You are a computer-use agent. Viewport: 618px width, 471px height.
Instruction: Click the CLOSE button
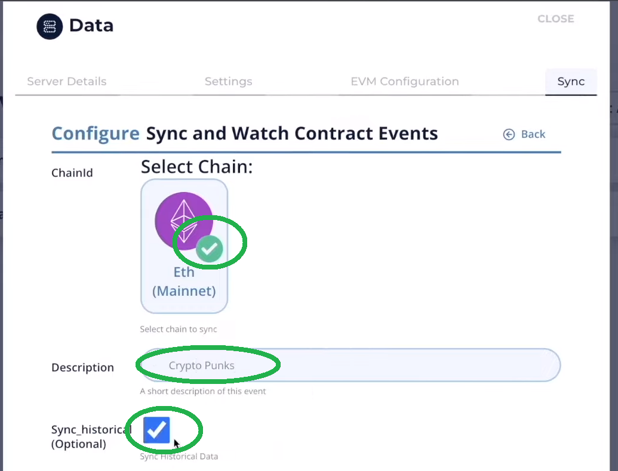coord(555,19)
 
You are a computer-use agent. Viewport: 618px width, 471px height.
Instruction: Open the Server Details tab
coord(67,82)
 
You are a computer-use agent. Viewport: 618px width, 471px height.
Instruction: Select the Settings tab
coord(228,82)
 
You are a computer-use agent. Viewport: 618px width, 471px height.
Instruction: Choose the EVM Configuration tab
coord(405,82)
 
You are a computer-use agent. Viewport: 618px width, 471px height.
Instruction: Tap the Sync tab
coord(571,82)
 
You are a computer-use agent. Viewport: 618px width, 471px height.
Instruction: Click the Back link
coord(533,134)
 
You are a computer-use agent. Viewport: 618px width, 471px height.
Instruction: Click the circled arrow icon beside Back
coord(509,134)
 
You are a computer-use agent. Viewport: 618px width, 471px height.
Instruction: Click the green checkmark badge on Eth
coord(209,249)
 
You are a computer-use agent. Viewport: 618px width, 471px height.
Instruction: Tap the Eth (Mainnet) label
coord(184,282)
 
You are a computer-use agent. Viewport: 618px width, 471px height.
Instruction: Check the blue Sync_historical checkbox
coord(157,430)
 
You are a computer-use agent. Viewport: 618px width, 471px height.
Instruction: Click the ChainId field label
coord(72,173)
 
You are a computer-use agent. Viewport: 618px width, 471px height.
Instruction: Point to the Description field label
coord(82,367)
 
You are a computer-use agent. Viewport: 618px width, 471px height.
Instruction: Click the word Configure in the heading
coord(96,134)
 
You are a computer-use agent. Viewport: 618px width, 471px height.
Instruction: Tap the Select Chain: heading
coord(196,167)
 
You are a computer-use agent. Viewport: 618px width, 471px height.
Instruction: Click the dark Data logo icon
coord(50,26)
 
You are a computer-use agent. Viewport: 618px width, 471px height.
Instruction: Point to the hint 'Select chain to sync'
coord(178,329)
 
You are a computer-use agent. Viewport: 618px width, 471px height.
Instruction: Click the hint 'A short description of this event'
coord(202,391)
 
